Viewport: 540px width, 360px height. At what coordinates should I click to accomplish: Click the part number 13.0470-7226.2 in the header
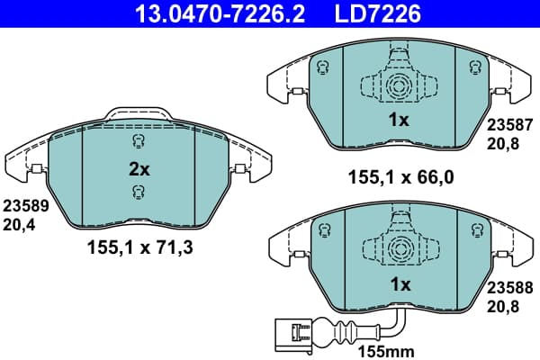point(220,14)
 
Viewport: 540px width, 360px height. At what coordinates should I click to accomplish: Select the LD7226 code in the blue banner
point(377,14)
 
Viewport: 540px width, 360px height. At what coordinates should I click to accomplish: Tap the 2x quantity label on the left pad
point(139,169)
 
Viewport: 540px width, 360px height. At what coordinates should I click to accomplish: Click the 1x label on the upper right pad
point(399,120)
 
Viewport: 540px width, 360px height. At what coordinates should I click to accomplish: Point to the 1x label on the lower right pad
point(400,284)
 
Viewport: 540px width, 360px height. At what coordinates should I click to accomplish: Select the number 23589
point(26,206)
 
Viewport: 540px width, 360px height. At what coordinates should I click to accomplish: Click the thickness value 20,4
point(19,225)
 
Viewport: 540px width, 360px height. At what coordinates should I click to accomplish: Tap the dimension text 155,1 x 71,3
point(140,247)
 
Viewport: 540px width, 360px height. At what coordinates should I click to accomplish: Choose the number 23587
point(509,125)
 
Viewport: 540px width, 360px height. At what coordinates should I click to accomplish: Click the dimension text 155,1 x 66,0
point(401,177)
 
